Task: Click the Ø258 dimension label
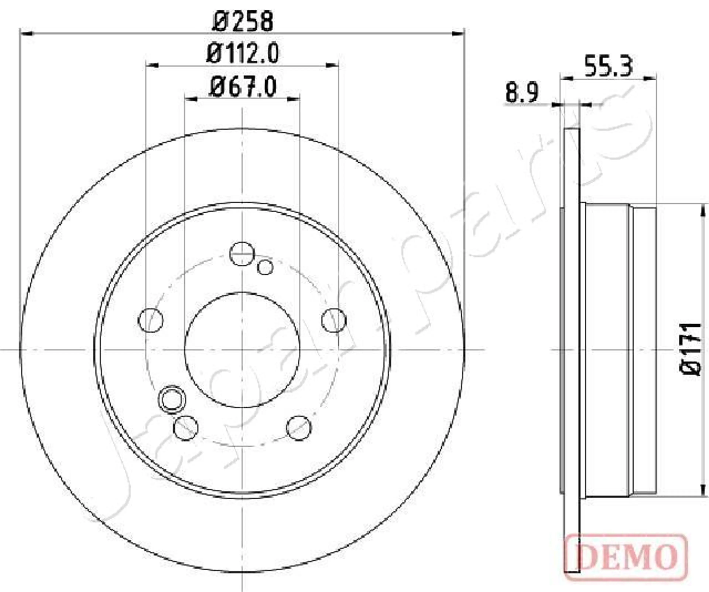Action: coord(242,21)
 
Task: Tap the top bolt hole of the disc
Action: coord(242,254)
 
